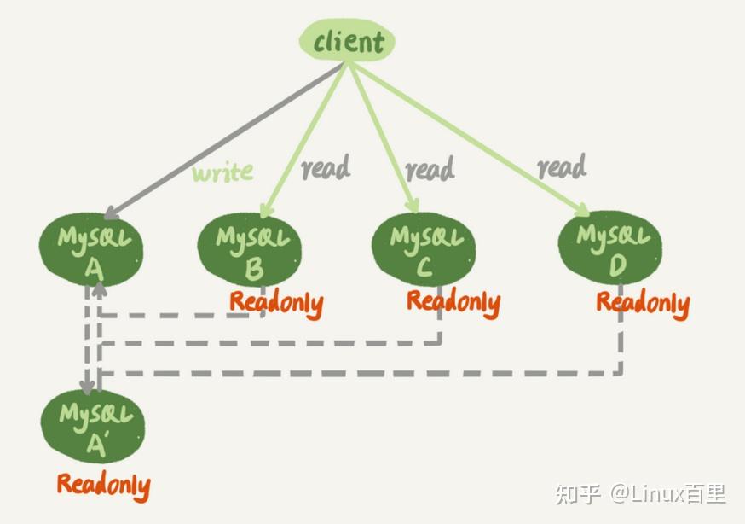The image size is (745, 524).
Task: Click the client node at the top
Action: [348, 42]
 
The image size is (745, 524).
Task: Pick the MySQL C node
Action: [424, 247]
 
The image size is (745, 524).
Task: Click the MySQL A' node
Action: [93, 427]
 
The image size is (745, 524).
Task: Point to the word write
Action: [222, 172]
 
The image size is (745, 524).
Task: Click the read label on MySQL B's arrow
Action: [326, 168]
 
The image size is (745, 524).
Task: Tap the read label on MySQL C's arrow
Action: [430, 170]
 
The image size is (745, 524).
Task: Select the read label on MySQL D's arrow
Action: [562, 166]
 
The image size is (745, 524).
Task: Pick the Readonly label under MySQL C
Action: [453, 301]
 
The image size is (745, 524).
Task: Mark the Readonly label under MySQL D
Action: [642, 303]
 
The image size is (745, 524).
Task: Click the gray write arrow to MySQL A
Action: [213, 145]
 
